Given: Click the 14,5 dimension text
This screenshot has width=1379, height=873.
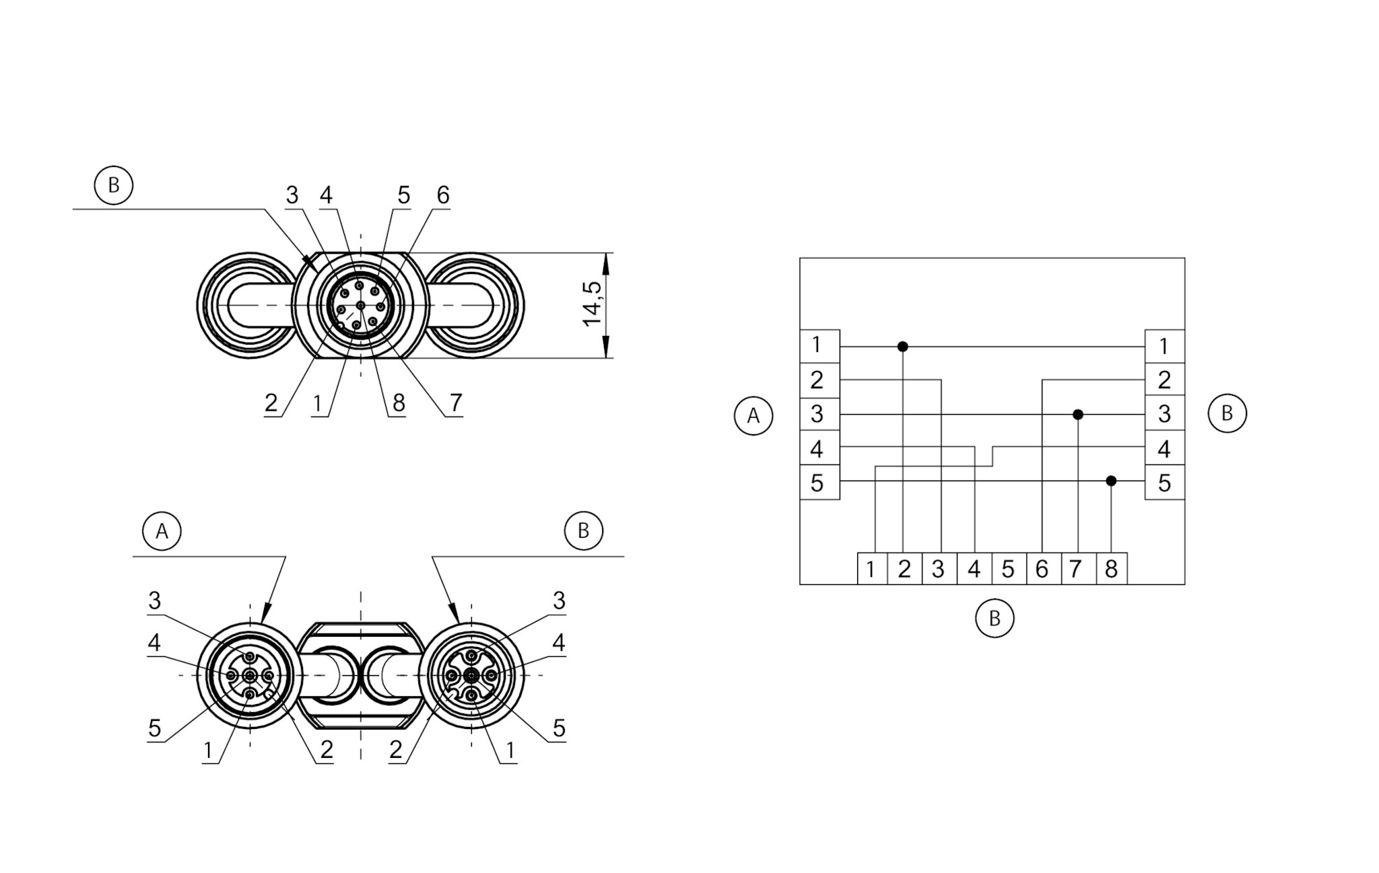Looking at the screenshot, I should pyautogui.click(x=593, y=304).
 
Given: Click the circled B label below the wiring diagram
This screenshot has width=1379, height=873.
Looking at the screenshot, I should pyautogui.click(x=994, y=618).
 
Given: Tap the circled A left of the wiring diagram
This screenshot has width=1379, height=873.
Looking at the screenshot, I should pyautogui.click(x=753, y=416).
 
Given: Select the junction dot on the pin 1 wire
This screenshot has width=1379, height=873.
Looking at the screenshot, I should pyautogui.click(x=903, y=347).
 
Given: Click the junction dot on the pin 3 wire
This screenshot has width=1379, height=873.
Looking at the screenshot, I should pyautogui.click(x=1077, y=415).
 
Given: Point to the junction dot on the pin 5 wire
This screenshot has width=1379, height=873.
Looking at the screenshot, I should pyautogui.click(x=1111, y=481).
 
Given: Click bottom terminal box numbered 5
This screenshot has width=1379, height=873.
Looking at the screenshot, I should pyautogui.click(x=1008, y=569).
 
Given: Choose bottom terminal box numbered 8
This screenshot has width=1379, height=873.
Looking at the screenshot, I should pyautogui.click(x=1111, y=569).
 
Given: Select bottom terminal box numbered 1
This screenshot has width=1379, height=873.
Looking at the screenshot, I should pyautogui.click(x=871, y=569).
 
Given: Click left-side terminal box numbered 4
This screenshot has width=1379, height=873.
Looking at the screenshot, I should pyautogui.click(x=818, y=448).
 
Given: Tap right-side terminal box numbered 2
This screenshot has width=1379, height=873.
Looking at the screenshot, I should pyautogui.click(x=1164, y=380).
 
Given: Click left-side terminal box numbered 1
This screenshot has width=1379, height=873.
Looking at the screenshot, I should pyautogui.click(x=818, y=346).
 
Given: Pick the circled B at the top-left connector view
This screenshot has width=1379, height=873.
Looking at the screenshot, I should pyautogui.click(x=113, y=185).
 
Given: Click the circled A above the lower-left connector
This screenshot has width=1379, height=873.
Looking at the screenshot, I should pyautogui.click(x=162, y=531).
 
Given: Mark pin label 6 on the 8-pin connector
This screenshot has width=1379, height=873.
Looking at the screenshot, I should pyautogui.click(x=442, y=195).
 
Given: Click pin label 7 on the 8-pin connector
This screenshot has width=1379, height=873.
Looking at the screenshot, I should pyautogui.click(x=455, y=403).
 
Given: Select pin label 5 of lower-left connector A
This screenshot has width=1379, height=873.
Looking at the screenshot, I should pyautogui.click(x=154, y=728).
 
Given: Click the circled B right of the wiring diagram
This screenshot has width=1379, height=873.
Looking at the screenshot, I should pyautogui.click(x=1227, y=413).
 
